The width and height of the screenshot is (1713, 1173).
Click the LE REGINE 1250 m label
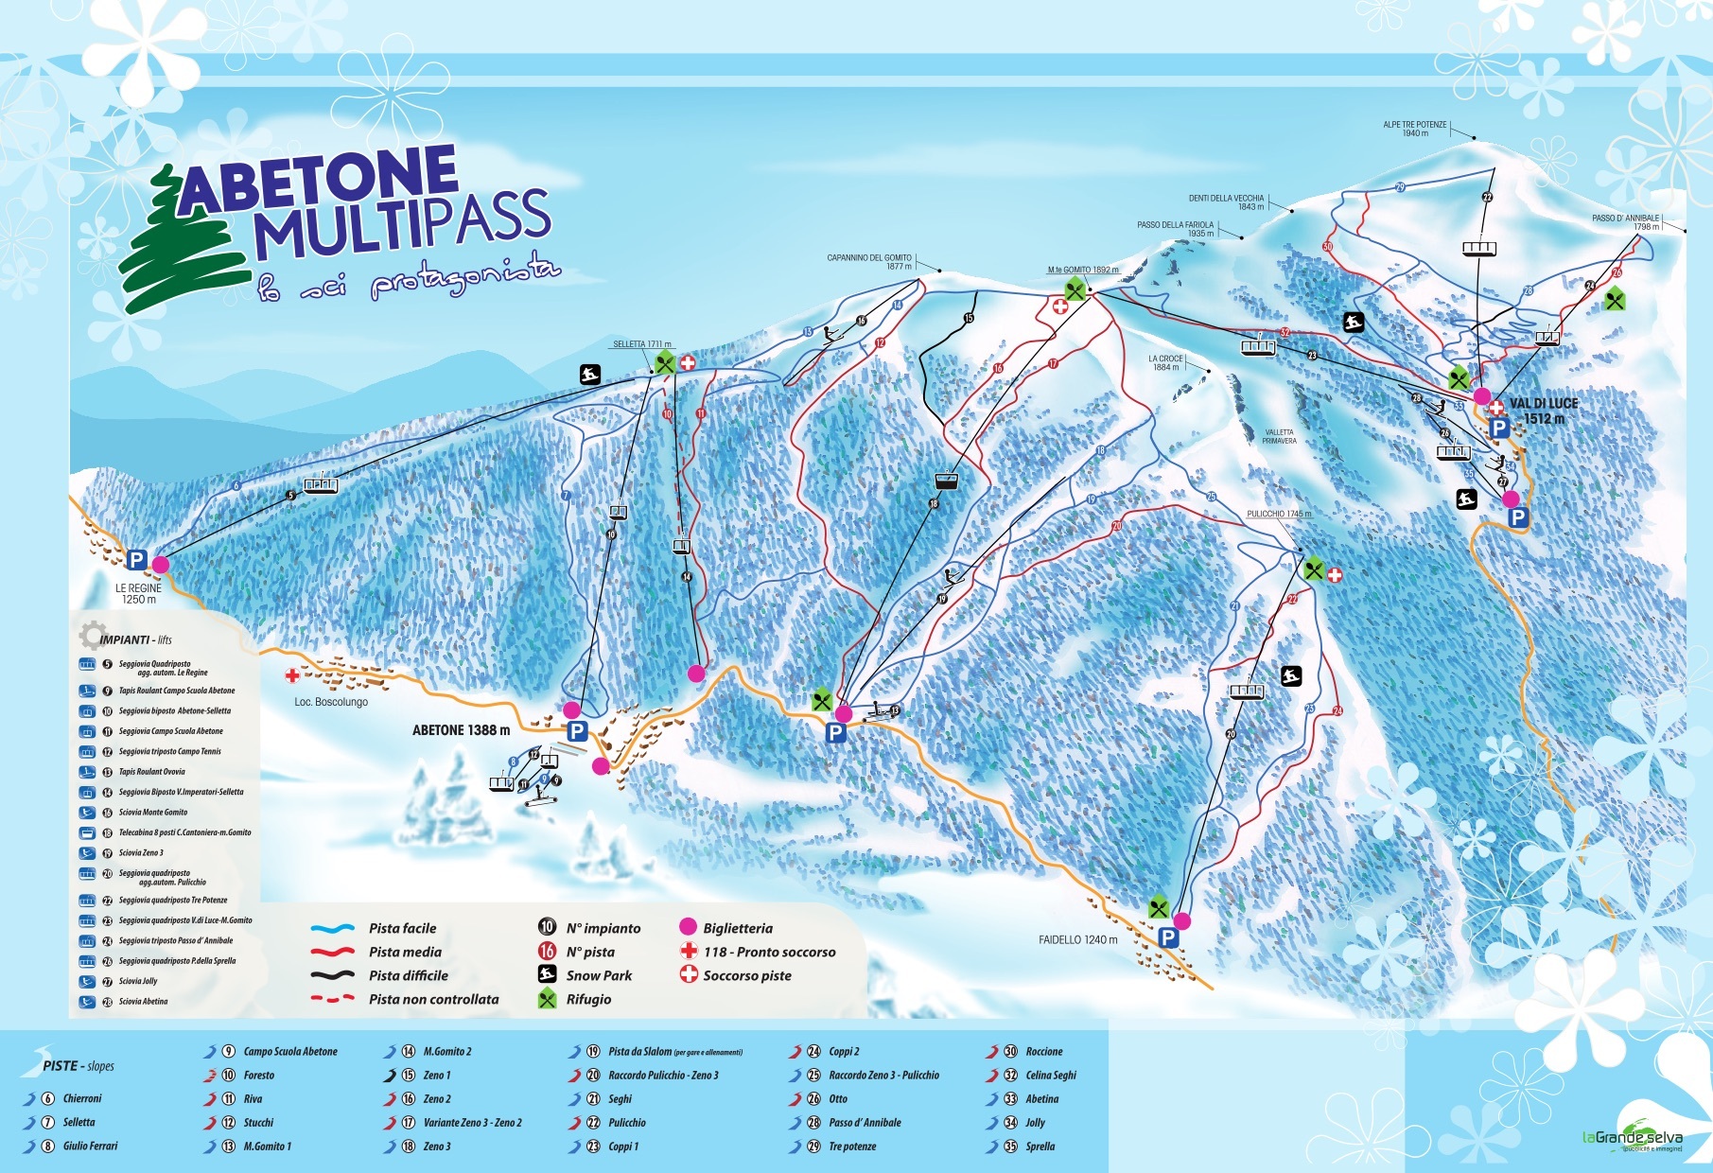[138, 593]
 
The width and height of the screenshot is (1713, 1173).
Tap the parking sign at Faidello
[1168, 937]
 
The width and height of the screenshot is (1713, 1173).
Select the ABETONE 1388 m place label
[461, 730]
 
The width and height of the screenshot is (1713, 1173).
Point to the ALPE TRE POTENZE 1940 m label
[1414, 129]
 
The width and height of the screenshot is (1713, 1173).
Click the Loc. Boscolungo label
[331, 702]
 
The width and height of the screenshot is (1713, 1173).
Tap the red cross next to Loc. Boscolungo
[292, 675]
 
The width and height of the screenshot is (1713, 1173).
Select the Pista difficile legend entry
[408, 975]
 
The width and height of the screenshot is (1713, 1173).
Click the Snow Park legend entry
[598, 975]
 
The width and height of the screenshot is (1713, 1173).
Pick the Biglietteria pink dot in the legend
[688, 928]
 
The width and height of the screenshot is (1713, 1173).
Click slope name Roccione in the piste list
[1043, 1051]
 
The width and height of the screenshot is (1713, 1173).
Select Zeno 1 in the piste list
[436, 1075]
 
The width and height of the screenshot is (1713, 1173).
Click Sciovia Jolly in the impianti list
[138, 981]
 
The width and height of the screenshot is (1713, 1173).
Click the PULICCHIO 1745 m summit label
[1278, 514]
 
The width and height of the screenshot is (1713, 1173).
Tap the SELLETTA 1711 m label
[641, 344]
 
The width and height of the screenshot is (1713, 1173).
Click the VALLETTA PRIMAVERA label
[1279, 436]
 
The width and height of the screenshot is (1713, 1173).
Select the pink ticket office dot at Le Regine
[161, 564]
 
